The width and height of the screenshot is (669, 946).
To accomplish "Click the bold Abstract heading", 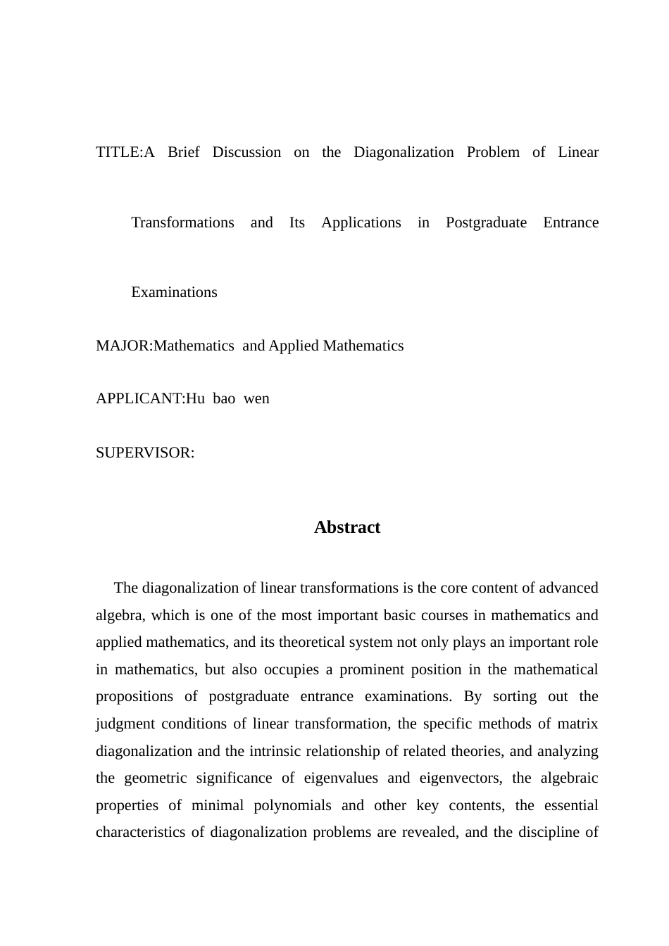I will pos(346,527).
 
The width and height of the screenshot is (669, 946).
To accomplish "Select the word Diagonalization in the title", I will pos(404,152).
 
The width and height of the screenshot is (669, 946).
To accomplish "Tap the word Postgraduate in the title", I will pos(486,222).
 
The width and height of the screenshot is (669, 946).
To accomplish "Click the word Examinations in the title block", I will pos(174,292).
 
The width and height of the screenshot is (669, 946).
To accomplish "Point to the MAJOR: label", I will pos(124,346).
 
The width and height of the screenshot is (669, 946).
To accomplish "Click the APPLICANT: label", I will pos(140,398).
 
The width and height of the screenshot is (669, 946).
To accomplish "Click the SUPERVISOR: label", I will pos(144,453).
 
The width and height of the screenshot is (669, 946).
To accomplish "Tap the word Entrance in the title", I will pos(570,222).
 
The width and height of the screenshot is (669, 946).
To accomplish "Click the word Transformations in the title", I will pos(182,222).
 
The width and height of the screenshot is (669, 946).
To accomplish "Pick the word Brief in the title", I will pos(184,152).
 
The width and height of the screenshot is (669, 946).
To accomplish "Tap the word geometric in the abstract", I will pos(155,778).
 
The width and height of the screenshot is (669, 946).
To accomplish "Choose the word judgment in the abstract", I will pos(125,724).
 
